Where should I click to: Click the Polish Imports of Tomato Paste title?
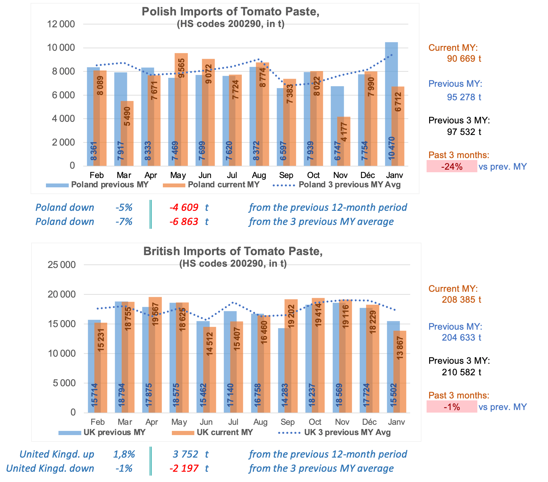click(230, 12)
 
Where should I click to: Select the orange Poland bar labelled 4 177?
click(344, 141)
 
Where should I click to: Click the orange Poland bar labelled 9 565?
click(181, 109)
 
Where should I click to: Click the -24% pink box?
click(452, 166)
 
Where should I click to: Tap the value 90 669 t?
click(464, 59)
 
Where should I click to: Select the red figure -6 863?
click(184, 222)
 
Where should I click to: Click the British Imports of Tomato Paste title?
click(233, 251)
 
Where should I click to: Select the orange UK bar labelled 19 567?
click(155, 353)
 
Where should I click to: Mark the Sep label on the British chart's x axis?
click(287, 422)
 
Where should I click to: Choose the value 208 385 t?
click(461, 300)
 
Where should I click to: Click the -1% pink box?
click(452, 407)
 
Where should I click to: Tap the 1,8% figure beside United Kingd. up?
click(124, 454)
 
